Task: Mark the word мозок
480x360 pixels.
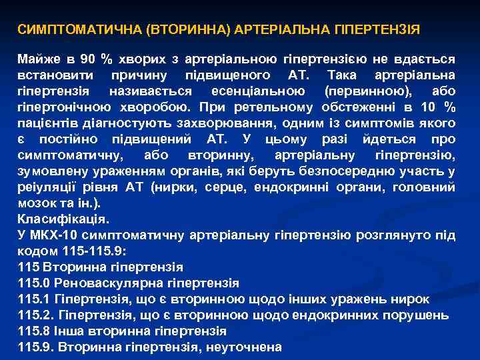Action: tap(36, 203)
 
